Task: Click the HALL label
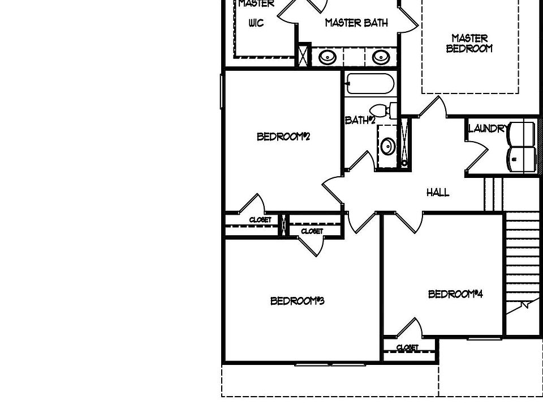[438, 193]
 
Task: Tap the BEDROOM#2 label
[283, 137]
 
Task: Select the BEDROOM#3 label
[297, 301]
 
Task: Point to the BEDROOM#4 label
[455, 294]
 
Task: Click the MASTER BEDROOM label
[469, 43]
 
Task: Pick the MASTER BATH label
[356, 23]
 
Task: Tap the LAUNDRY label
[487, 129]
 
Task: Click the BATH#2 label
[360, 120]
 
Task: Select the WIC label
[256, 23]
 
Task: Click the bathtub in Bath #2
[370, 84]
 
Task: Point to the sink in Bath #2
[387, 147]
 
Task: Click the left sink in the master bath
[327, 57]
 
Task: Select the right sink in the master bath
[380, 57]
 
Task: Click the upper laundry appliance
[522, 134]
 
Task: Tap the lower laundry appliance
[522, 159]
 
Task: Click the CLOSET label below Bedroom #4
[407, 347]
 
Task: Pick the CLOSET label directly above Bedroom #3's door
[312, 231]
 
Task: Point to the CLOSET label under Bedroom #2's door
[260, 220]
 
